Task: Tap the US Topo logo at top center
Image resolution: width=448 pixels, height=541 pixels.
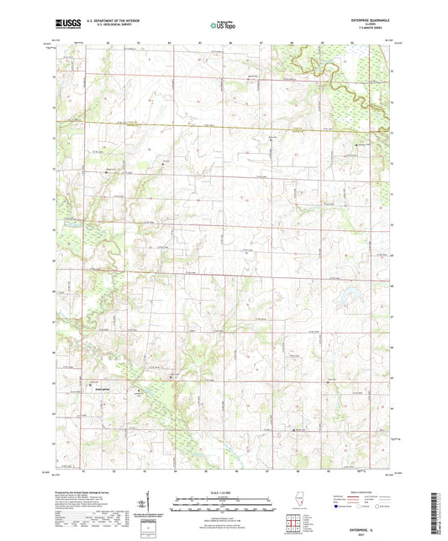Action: tap(224, 26)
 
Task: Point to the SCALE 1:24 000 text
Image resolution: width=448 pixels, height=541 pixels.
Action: tap(224, 492)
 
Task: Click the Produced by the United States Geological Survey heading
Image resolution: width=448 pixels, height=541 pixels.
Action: tap(88, 491)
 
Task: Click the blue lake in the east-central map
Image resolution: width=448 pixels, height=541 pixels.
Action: tap(345, 294)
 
